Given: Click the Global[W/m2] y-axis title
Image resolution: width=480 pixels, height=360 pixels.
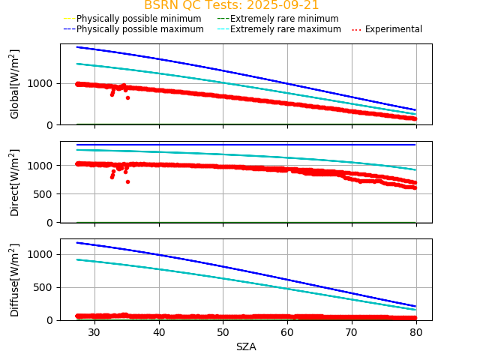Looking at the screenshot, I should click(15, 84).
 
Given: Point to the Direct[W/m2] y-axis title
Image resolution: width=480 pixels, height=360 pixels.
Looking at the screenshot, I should click(15, 182).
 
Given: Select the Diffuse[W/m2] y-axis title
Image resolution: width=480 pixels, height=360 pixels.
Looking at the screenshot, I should click(15, 280).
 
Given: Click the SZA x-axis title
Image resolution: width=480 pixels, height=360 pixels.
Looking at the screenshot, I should click(246, 346).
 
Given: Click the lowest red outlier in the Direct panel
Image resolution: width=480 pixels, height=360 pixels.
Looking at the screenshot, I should click(127, 181).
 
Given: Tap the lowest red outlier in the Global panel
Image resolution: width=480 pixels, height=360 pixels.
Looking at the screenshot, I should click(127, 97).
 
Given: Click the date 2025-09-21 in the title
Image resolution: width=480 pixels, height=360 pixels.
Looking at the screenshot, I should click(283, 5).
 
